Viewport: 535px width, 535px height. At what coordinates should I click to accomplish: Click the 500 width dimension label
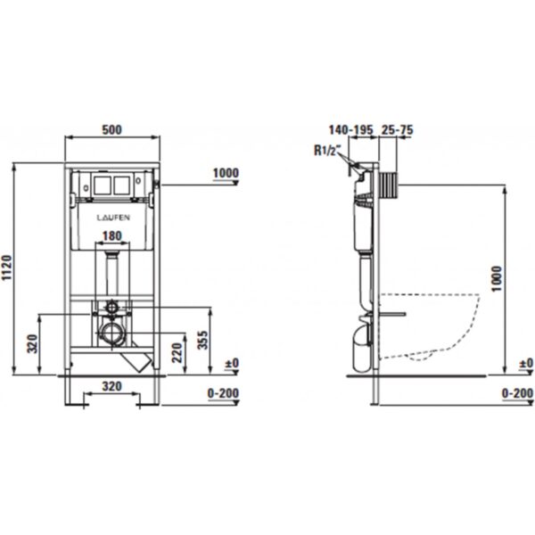(x=112, y=129)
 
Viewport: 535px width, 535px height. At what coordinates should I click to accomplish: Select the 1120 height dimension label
(x=7, y=268)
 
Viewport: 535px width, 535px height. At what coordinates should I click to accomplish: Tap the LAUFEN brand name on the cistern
(x=113, y=218)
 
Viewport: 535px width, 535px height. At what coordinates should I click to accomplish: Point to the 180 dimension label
(x=112, y=235)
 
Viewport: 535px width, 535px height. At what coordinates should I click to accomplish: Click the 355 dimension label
(x=203, y=340)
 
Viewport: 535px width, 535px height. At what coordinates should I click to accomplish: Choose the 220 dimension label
(x=177, y=353)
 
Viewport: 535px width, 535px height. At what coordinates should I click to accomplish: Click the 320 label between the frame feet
(x=112, y=386)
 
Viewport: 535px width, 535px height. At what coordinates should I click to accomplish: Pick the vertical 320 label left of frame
(x=32, y=344)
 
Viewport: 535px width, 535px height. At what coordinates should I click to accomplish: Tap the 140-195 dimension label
(x=351, y=129)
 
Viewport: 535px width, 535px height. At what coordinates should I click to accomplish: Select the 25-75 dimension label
(x=397, y=129)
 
